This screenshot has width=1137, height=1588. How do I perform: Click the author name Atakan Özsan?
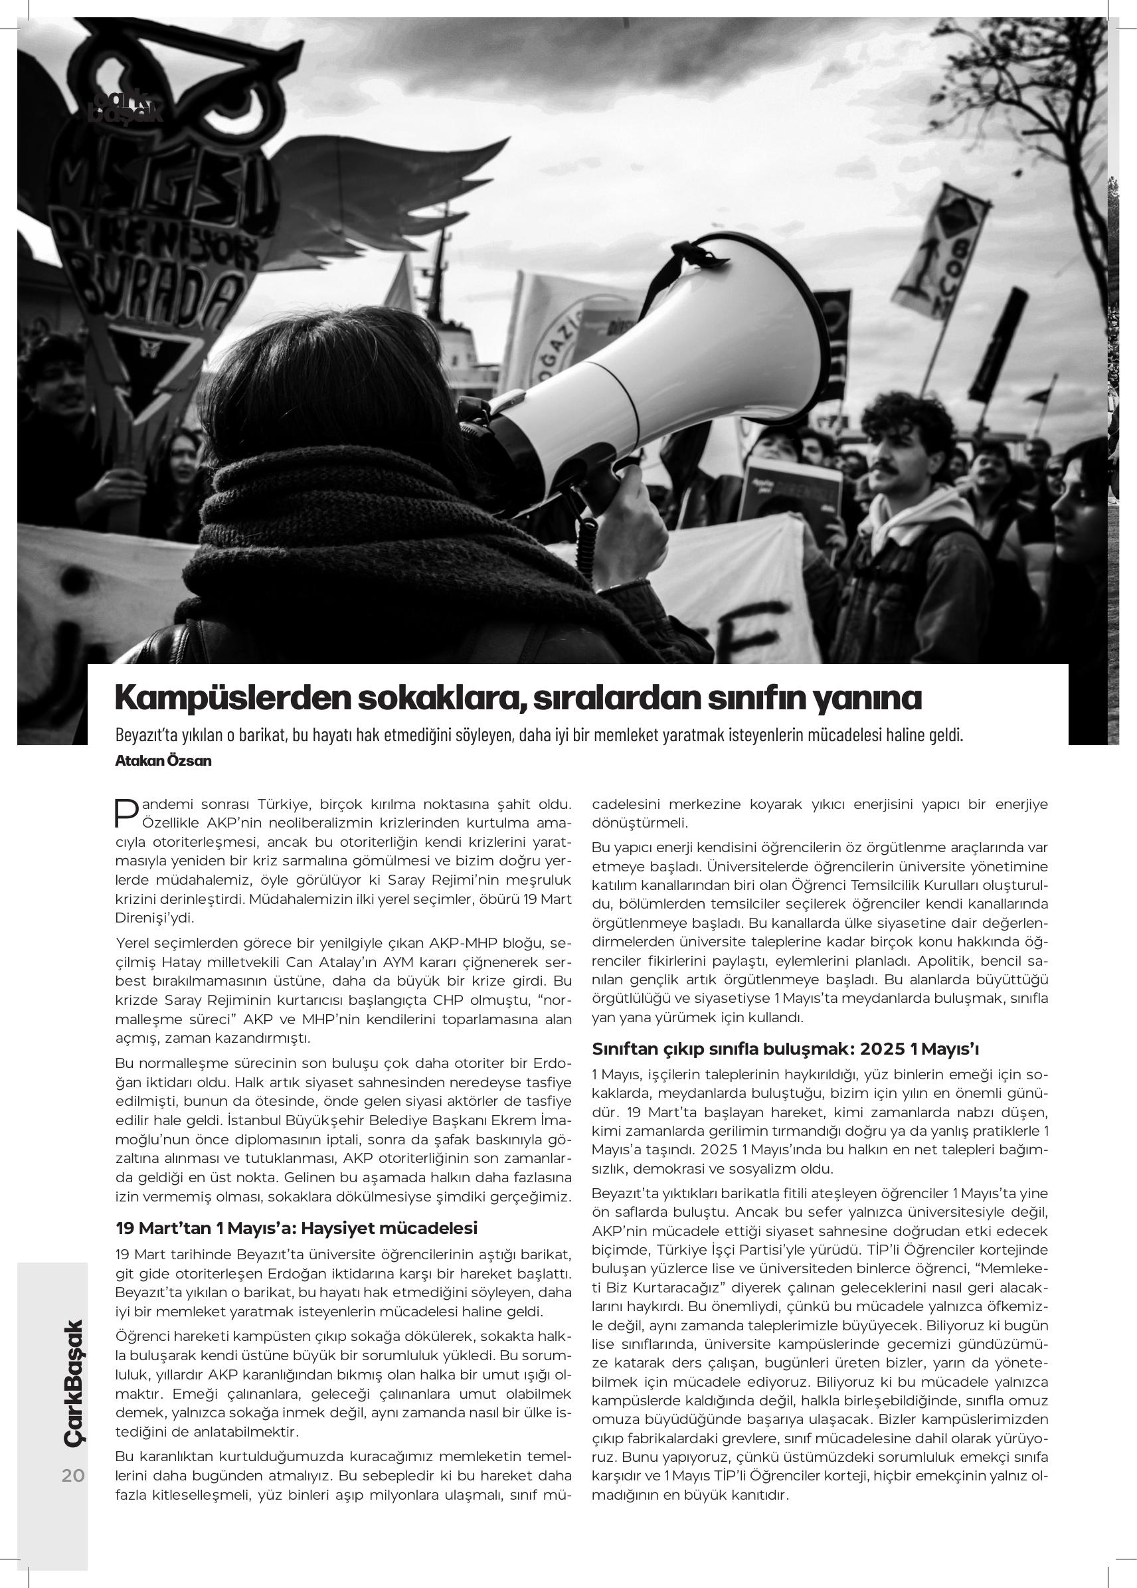click(163, 761)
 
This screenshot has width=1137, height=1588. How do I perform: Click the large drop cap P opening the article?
click(126, 812)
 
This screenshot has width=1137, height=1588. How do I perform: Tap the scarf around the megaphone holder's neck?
click(350, 532)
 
